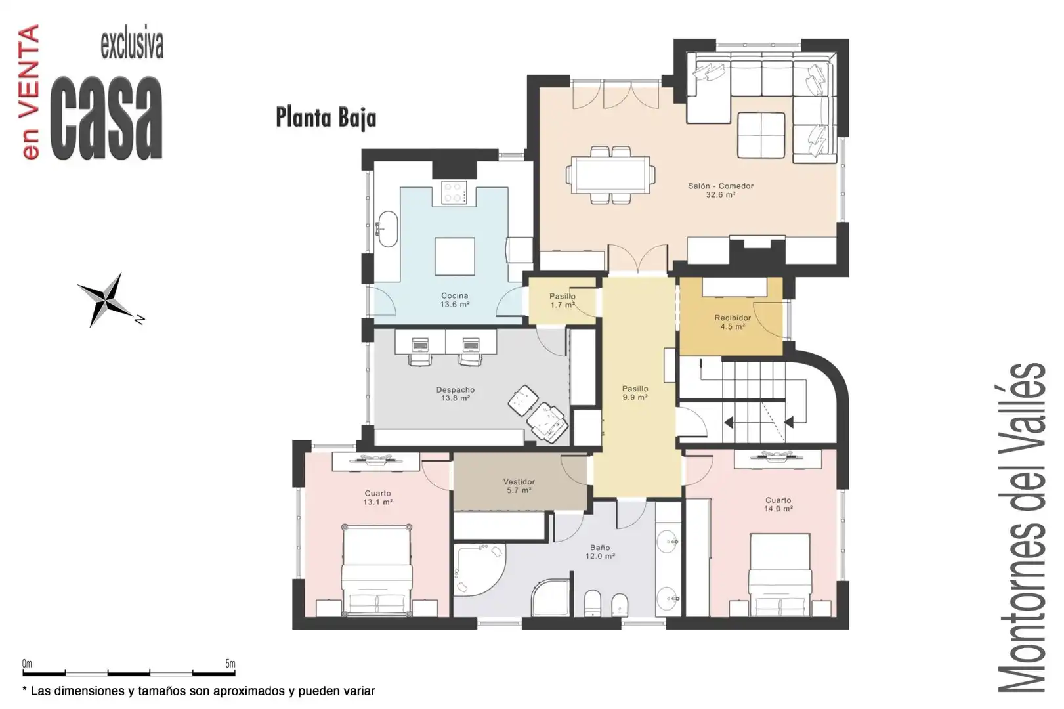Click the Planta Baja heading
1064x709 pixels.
[326, 118]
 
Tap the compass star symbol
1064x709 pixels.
[108, 300]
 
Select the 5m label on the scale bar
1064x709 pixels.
[230, 664]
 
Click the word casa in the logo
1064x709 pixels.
[106, 118]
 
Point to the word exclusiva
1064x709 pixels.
[132, 45]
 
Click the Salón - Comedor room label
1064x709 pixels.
[721, 190]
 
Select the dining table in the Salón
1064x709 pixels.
[610, 175]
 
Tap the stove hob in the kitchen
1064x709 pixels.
[454, 192]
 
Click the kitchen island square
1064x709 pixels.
[455, 257]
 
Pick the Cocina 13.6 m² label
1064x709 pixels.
[455, 300]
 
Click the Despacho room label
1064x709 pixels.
[455, 394]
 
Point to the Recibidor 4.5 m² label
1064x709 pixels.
[733, 322]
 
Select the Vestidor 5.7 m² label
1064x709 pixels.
[519, 486]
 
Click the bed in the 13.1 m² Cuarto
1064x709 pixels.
[377, 571]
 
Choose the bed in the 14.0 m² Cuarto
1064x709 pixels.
[780, 575]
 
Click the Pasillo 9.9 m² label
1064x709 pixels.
[635, 393]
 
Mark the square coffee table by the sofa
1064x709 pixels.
[761, 135]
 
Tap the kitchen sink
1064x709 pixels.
[388, 229]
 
